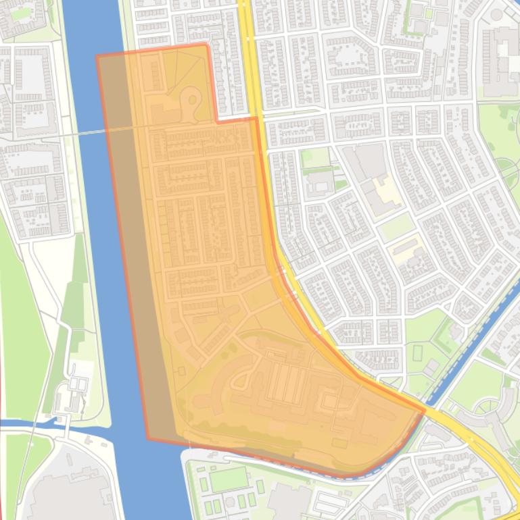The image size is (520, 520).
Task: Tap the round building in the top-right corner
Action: (x=496, y=14)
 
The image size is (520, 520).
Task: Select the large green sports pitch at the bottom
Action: (x=228, y=479)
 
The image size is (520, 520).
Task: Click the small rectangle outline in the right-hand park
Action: (x=417, y=353)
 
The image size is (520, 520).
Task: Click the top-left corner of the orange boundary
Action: (x=97, y=56)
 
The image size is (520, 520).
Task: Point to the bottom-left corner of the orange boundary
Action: (x=149, y=439)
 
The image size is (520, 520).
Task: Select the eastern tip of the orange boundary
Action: (x=425, y=409)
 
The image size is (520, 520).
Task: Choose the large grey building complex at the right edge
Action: (x=501, y=61)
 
